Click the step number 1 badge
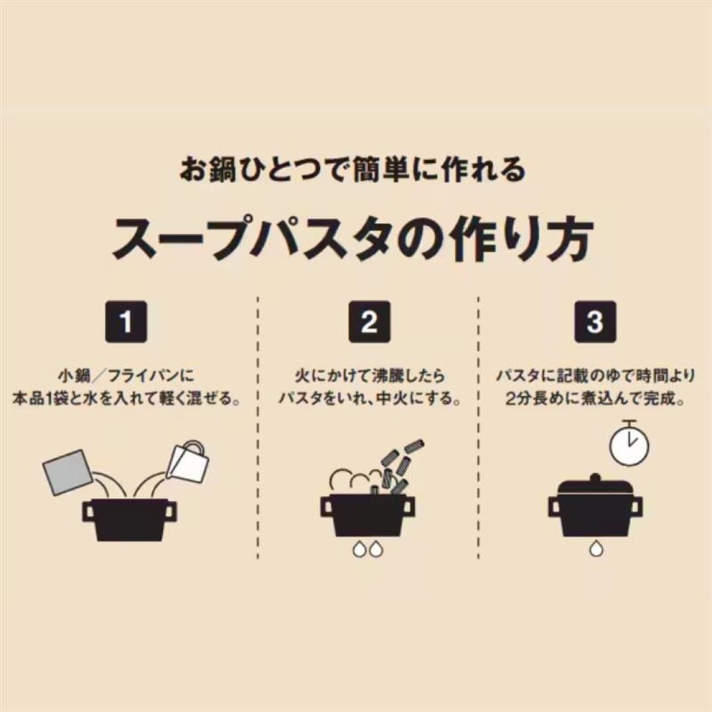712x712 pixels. (126, 322)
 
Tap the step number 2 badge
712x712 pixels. (369, 322)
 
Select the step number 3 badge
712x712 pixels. (595, 322)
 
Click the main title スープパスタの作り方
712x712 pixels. (354, 238)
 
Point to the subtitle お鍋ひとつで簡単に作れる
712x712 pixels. (354, 169)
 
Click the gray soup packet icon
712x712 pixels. (68, 472)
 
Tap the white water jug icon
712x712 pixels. (190, 461)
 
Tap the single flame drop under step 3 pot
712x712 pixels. (595, 547)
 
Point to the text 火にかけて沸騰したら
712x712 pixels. (369, 376)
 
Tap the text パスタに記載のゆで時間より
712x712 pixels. (595, 376)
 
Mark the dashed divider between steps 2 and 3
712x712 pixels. (479, 429)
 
